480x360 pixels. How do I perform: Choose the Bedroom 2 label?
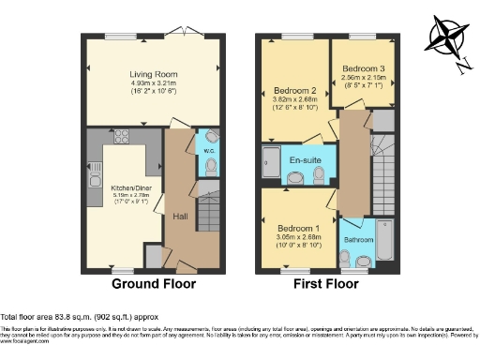(x=293, y=91)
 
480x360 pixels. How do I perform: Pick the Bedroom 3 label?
(x=361, y=68)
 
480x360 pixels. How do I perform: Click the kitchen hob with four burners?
(x=121, y=137)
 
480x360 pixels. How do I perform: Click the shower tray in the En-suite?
(x=271, y=165)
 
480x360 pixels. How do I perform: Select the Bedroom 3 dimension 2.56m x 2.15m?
(x=361, y=78)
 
